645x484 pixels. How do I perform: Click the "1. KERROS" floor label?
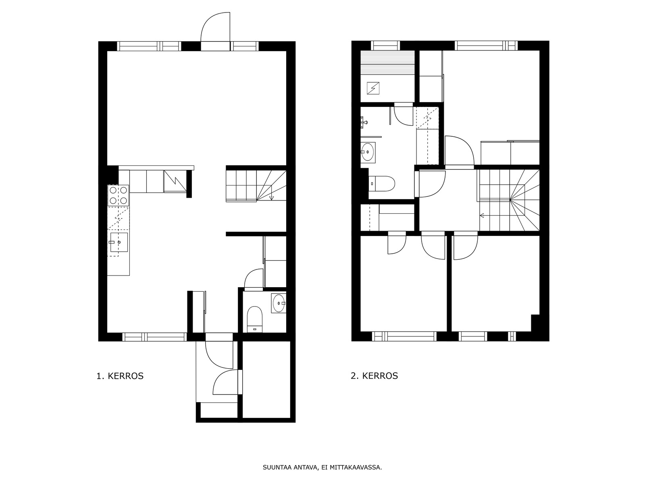click(120, 376)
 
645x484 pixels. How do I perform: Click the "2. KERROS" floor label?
click(375, 376)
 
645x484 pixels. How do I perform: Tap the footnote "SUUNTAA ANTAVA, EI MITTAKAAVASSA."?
click(322, 467)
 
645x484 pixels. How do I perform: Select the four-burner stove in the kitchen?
click(119, 195)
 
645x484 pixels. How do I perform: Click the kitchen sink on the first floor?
click(119, 242)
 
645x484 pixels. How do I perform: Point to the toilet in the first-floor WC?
click(254, 319)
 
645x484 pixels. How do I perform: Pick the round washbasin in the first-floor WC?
click(278, 303)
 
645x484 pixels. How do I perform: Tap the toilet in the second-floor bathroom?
click(382, 184)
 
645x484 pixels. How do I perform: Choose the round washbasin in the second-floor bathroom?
click(368, 152)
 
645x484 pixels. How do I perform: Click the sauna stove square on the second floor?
click(373, 88)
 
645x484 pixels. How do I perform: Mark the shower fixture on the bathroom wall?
click(364, 122)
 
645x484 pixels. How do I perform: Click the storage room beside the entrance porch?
click(266, 380)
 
